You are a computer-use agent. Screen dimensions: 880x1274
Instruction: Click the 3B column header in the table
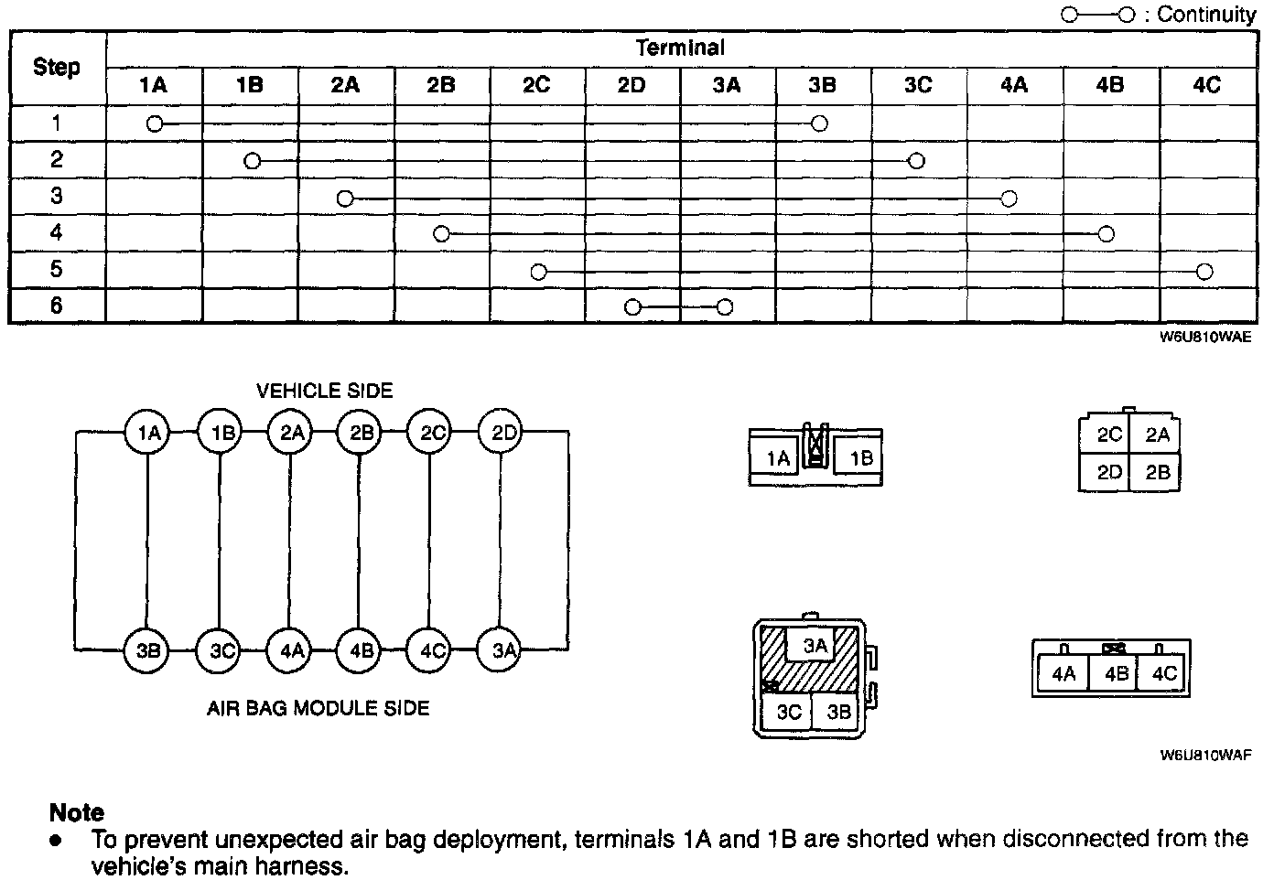point(822,85)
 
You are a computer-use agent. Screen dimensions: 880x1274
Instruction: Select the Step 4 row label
point(57,232)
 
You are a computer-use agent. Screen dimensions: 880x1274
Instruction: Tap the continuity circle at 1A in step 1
point(155,123)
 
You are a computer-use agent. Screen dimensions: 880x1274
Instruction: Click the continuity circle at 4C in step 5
point(1204,272)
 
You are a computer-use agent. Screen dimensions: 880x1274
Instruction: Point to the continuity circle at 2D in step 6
point(632,307)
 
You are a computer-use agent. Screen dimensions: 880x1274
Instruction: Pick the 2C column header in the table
point(536,85)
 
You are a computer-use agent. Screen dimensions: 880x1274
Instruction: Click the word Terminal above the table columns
point(680,48)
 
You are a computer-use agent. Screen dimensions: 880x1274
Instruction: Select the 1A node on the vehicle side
point(148,433)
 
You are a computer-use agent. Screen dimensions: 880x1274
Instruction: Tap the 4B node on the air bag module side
point(361,650)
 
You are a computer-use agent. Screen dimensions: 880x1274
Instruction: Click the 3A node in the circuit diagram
point(503,650)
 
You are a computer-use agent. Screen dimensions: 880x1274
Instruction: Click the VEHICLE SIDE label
point(324,391)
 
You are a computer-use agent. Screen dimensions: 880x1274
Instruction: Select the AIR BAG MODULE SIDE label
point(318,708)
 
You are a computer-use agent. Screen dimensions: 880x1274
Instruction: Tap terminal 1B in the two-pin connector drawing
point(861,458)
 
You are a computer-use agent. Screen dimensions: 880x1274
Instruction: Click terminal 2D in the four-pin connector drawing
point(1109,472)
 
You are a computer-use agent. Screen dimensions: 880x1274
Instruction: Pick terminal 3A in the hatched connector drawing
point(815,646)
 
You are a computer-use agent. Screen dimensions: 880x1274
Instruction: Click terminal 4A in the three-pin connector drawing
point(1063,675)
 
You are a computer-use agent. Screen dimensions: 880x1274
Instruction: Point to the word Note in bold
point(77,812)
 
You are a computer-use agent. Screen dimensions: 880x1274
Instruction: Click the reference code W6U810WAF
point(1204,756)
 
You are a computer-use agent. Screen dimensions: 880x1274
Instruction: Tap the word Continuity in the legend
point(1206,15)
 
